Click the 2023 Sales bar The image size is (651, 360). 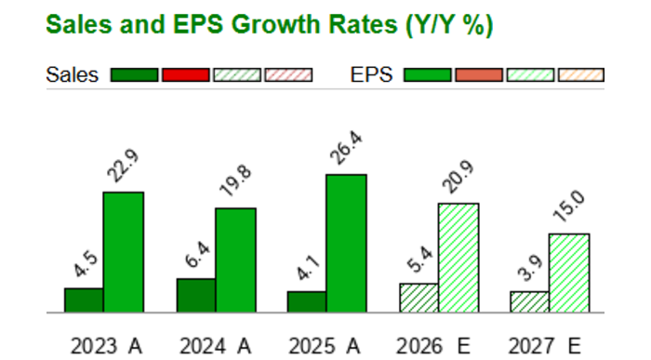point(84,300)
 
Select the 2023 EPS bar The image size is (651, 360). point(123,252)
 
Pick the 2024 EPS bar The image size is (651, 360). point(235,260)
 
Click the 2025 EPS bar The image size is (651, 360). point(346,244)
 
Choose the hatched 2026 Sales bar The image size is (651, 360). point(418,298)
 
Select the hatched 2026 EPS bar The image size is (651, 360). point(458,258)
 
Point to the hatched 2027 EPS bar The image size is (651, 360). point(569,273)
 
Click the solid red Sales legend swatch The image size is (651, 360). point(185,74)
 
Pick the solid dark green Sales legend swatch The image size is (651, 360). point(134,74)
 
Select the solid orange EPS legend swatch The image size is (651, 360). point(479,74)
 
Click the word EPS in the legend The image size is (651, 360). point(373,74)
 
